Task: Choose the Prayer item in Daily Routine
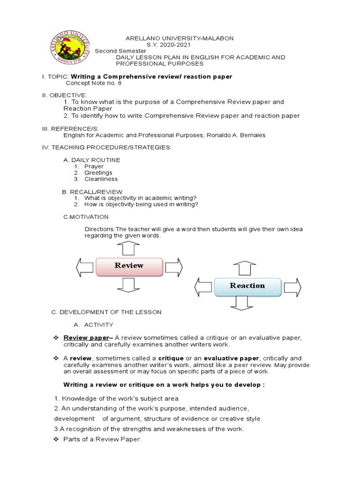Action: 94,166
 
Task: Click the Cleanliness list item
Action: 101,179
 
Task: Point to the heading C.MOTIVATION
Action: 86,217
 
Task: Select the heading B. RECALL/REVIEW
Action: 92,192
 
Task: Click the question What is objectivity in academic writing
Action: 140,198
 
